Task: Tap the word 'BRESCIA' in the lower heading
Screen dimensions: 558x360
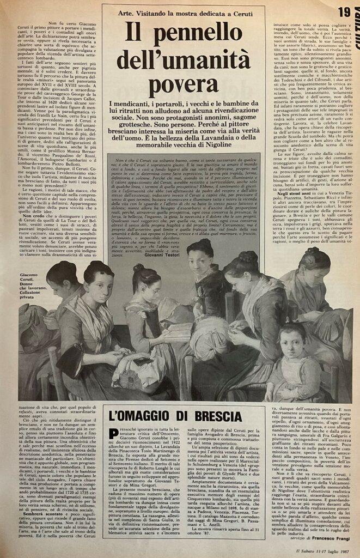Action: click(x=209, y=417)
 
